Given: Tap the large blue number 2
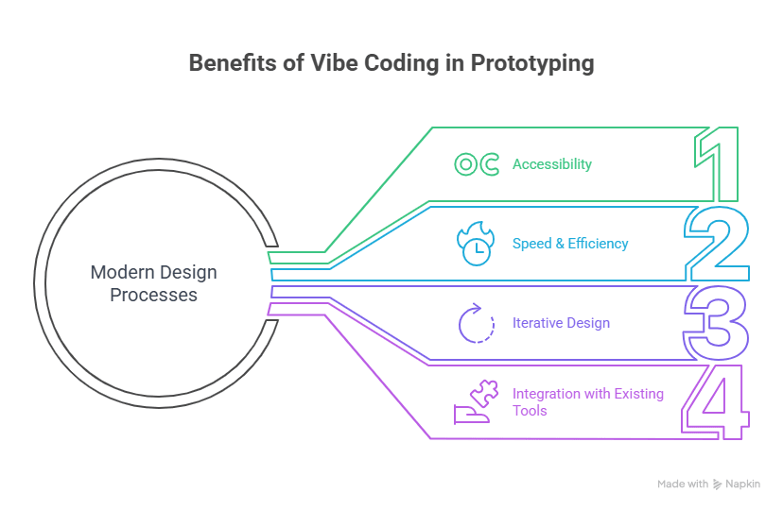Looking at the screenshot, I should coord(717,245).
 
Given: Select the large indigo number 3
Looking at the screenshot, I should coord(717,324).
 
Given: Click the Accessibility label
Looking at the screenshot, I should coord(551,164).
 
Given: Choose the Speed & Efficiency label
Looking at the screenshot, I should coord(569,244).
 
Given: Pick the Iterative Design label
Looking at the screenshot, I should coord(560,323).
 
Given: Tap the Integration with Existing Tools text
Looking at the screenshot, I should coord(586,401).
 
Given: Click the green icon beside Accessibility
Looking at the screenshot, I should coord(477,164).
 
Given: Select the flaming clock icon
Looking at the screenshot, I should coord(475,244).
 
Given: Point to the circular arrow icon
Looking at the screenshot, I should coord(477,323).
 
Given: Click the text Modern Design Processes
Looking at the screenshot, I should coord(153,283).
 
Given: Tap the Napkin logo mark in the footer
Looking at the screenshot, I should coord(718,484).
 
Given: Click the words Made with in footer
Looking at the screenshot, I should coord(683,484).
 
